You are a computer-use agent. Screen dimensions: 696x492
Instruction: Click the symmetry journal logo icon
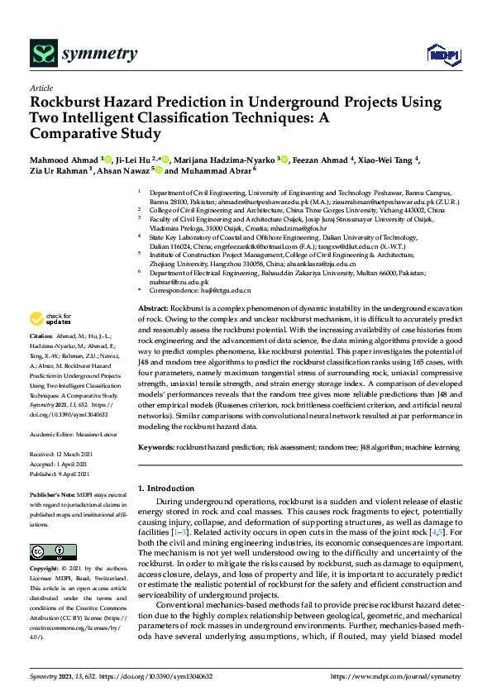[x=42, y=55]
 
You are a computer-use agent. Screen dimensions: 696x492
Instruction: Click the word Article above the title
[x=41, y=87]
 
